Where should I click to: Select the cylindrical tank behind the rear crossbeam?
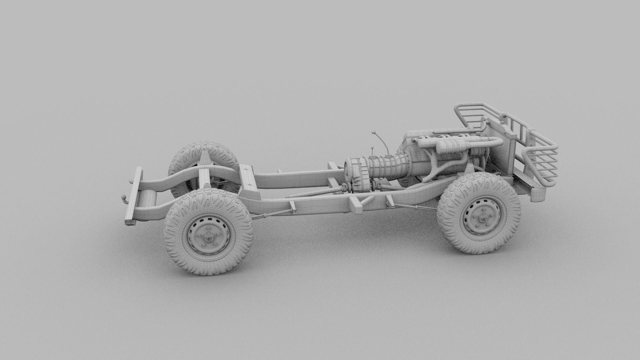coord(147,200)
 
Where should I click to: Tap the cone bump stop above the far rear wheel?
coord(204,157)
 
